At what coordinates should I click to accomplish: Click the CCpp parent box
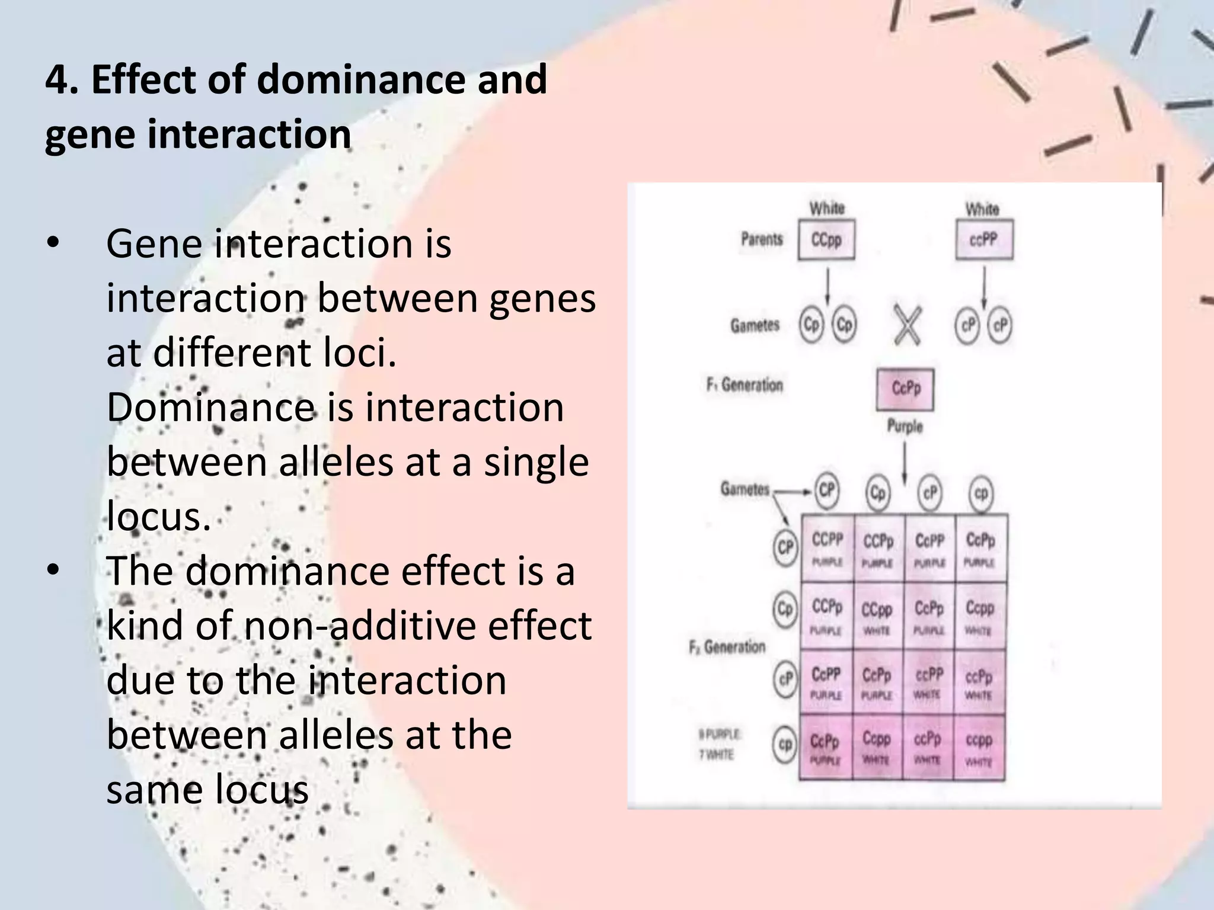point(826,240)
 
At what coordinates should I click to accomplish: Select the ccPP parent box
point(984,240)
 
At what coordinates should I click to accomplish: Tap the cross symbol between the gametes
point(907,326)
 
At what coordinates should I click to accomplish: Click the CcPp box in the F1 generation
point(905,389)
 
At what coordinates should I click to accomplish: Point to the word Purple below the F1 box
point(905,426)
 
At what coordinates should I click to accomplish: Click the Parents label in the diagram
point(762,239)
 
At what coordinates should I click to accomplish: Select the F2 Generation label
point(727,647)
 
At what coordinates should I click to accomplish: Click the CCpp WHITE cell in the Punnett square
point(877,617)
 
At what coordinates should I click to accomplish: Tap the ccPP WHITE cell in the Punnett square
point(928,682)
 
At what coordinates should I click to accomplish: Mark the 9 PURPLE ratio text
point(719,735)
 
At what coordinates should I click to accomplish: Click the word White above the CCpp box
point(827,209)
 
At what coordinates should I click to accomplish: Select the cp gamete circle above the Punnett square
point(981,493)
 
